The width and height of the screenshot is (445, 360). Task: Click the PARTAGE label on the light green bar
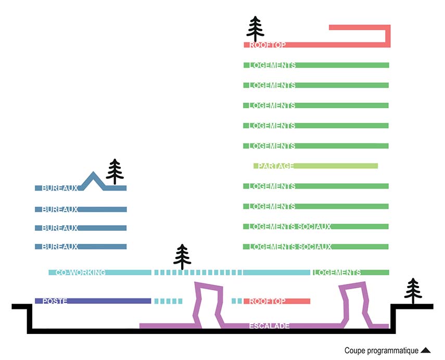(276, 166)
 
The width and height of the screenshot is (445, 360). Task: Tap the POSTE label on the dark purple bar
(55, 301)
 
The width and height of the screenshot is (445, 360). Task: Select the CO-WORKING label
(81, 272)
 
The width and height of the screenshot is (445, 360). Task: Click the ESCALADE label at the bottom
(269, 326)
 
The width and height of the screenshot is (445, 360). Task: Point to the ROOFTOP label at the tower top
(268, 45)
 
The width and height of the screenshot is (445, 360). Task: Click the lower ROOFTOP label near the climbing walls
(268, 301)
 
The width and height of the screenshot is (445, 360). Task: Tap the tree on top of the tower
(255, 29)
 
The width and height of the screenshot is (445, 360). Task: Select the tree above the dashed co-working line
(182, 257)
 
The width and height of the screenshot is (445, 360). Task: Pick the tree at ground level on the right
(413, 291)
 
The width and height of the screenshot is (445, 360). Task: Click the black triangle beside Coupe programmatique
(426, 351)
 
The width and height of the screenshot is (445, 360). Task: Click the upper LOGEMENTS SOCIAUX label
(290, 227)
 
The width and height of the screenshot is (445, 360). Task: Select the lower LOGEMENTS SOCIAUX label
(290, 247)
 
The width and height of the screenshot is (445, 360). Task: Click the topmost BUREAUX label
(60, 188)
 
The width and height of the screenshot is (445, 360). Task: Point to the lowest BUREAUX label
(60, 246)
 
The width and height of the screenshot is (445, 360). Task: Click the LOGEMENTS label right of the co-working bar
(337, 272)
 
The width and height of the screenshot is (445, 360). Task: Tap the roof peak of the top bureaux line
(93, 175)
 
